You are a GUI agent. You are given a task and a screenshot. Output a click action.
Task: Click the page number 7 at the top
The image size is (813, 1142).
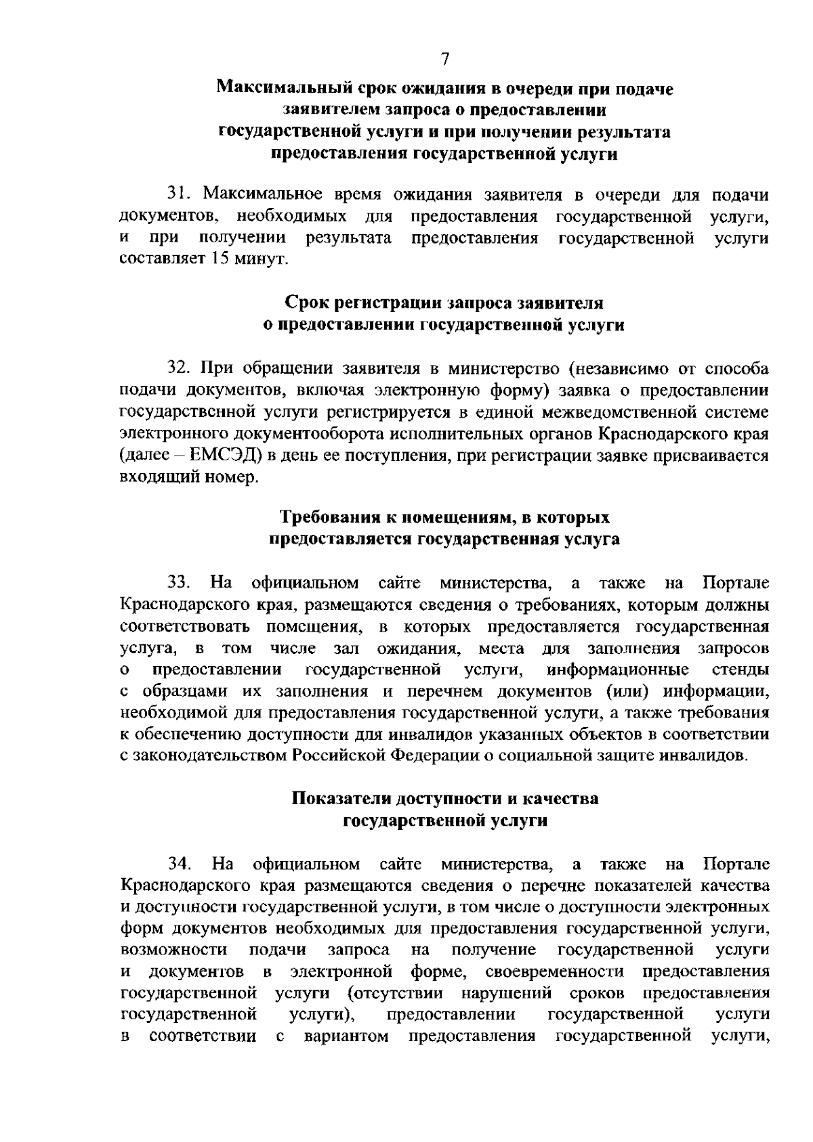pos(445,60)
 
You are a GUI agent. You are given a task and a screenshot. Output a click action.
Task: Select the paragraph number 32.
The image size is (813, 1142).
pos(178,369)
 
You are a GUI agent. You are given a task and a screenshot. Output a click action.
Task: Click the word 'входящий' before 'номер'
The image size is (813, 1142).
pos(152,477)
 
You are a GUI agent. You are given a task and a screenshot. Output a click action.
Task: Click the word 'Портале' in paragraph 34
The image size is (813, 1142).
pos(737,864)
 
